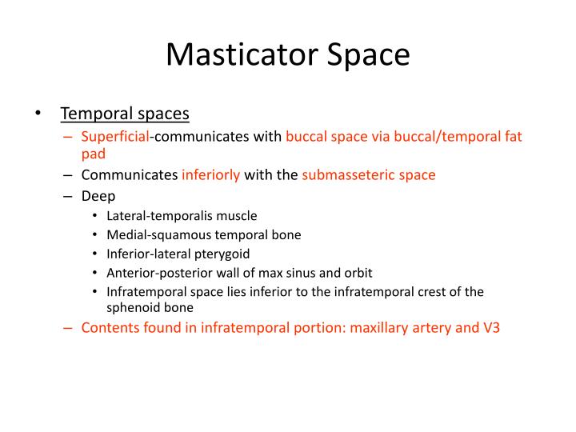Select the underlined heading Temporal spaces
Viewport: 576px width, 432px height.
point(125,114)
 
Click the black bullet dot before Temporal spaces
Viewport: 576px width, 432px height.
point(38,114)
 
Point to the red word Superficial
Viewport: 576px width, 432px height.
point(114,136)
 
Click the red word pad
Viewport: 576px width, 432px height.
point(93,153)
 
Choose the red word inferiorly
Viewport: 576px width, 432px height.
point(211,174)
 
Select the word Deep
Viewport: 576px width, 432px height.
point(98,196)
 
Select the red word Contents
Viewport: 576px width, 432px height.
point(110,327)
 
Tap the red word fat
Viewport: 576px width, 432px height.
point(512,136)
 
